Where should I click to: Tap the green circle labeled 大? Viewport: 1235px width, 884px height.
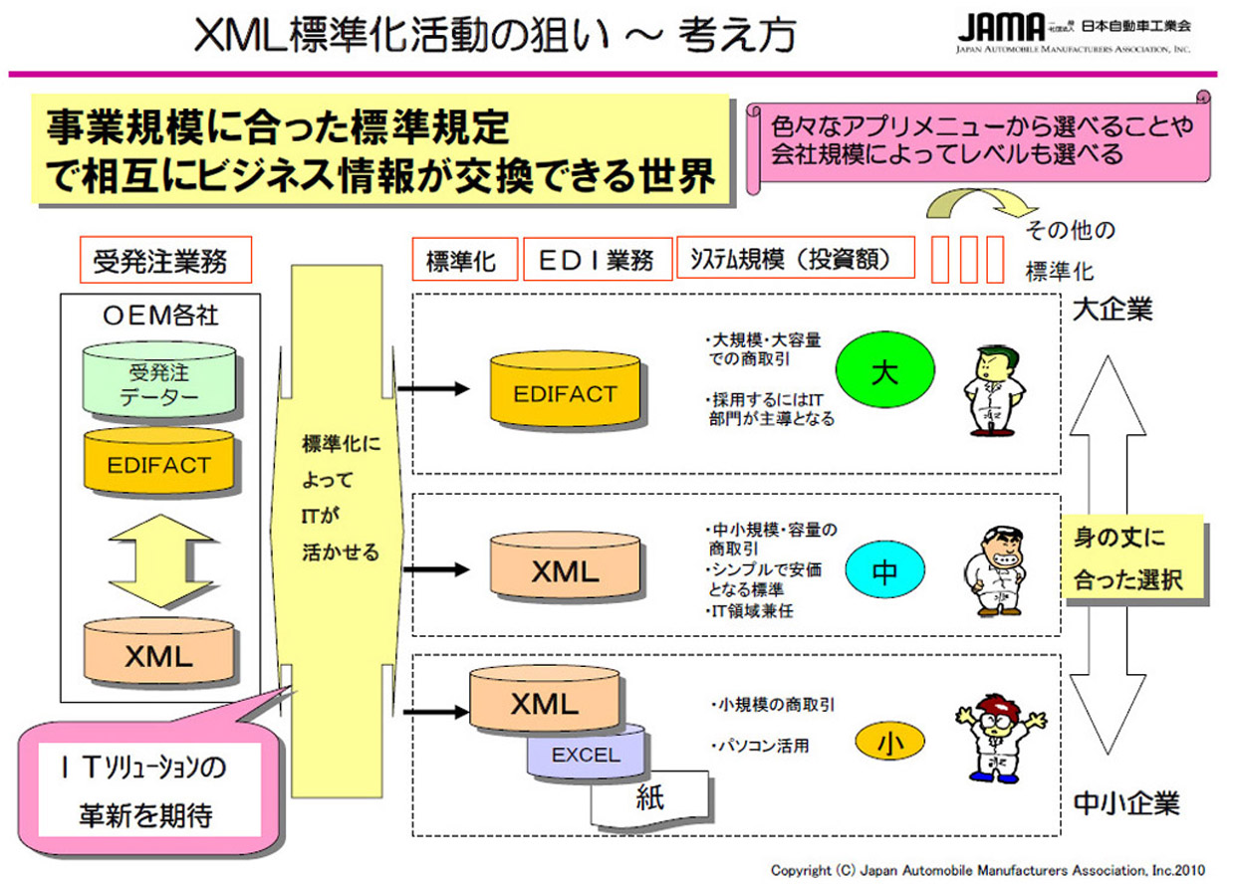click(x=883, y=372)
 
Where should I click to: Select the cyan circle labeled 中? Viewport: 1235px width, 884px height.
click(x=883, y=570)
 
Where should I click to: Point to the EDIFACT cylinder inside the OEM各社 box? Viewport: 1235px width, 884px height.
click(x=159, y=463)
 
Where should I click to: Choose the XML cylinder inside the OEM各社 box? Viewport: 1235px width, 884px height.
click(x=159, y=655)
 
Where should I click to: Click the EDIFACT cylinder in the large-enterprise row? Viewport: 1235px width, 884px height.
click(x=565, y=393)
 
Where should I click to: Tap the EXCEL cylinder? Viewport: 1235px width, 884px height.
click(x=586, y=755)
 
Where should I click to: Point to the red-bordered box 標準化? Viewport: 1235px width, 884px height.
click(x=464, y=261)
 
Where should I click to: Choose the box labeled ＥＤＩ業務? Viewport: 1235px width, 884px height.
click(x=596, y=261)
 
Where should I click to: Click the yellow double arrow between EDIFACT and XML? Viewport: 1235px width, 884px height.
click(x=159, y=560)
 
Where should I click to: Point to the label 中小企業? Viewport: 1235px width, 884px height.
click(x=1125, y=803)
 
